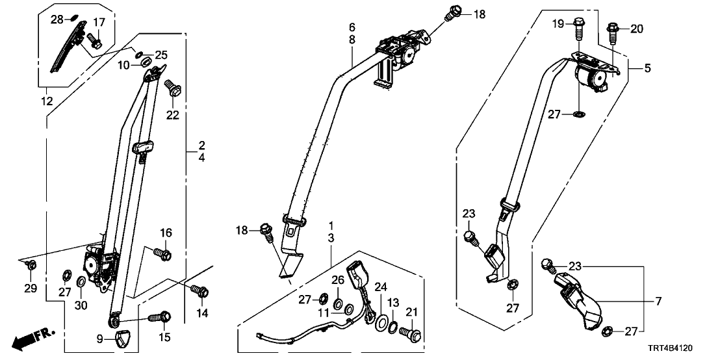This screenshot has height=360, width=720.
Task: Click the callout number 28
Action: coord(57,19)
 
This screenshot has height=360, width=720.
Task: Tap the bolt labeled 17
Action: coord(93,41)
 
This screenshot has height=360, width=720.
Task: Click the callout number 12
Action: coord(46,101)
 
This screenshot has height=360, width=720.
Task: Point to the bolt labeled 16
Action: coord(162,253)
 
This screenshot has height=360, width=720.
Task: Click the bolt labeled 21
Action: coord(411,334)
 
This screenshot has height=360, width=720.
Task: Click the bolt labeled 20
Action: coord(613,30)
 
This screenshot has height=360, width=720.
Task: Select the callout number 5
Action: coord(647,68)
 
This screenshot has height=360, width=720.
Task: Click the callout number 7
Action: coord(658,301)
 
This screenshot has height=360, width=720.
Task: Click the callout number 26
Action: coord(337,281)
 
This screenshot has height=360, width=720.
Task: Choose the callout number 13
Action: coord(392,302)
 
